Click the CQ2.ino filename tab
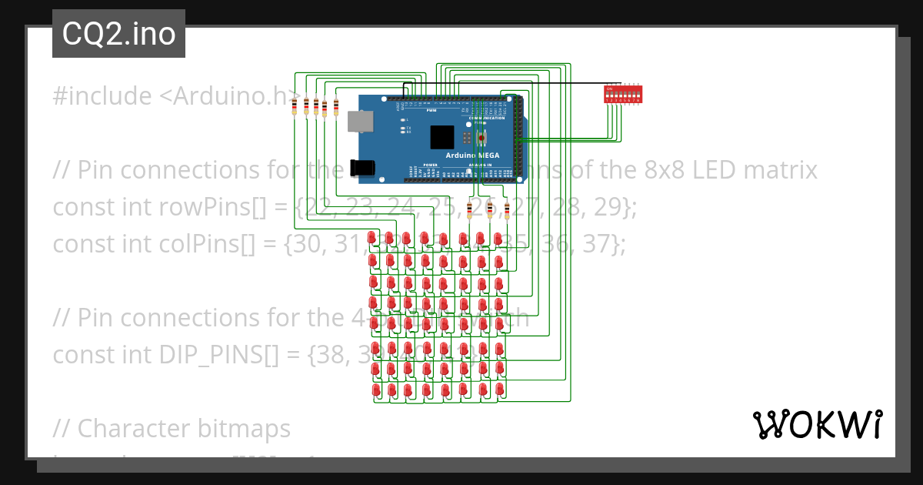tap(118, 34)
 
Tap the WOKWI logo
tap(817, 425)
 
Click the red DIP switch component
tap(623, 94)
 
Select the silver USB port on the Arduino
tap(360, 121)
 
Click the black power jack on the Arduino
tap(361, 169)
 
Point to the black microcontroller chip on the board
tap(442, 137)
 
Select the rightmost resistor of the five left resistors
tap(335, 107)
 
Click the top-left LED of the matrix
tap(372, 238)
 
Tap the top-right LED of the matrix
tap(498, 238)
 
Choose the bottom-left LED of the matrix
tap(376, 390)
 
